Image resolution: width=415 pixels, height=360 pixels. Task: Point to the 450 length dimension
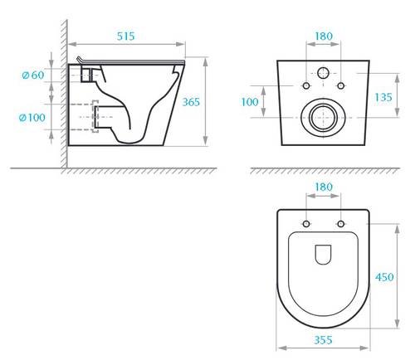pyautogui.click(x=384, y=279)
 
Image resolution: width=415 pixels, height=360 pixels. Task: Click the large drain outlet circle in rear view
pyautogui.click(x=323, y=118)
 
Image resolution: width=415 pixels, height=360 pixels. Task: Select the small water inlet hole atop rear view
pyautogui.click(x=324, y=71)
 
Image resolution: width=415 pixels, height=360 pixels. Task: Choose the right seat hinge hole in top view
pyautogui.click(x=341, y=226)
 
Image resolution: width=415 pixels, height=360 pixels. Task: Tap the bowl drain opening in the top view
pyautogui.click(x=324, y=252)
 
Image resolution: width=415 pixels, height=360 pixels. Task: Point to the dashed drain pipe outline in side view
pyautogui.click(x=94, y=118)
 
